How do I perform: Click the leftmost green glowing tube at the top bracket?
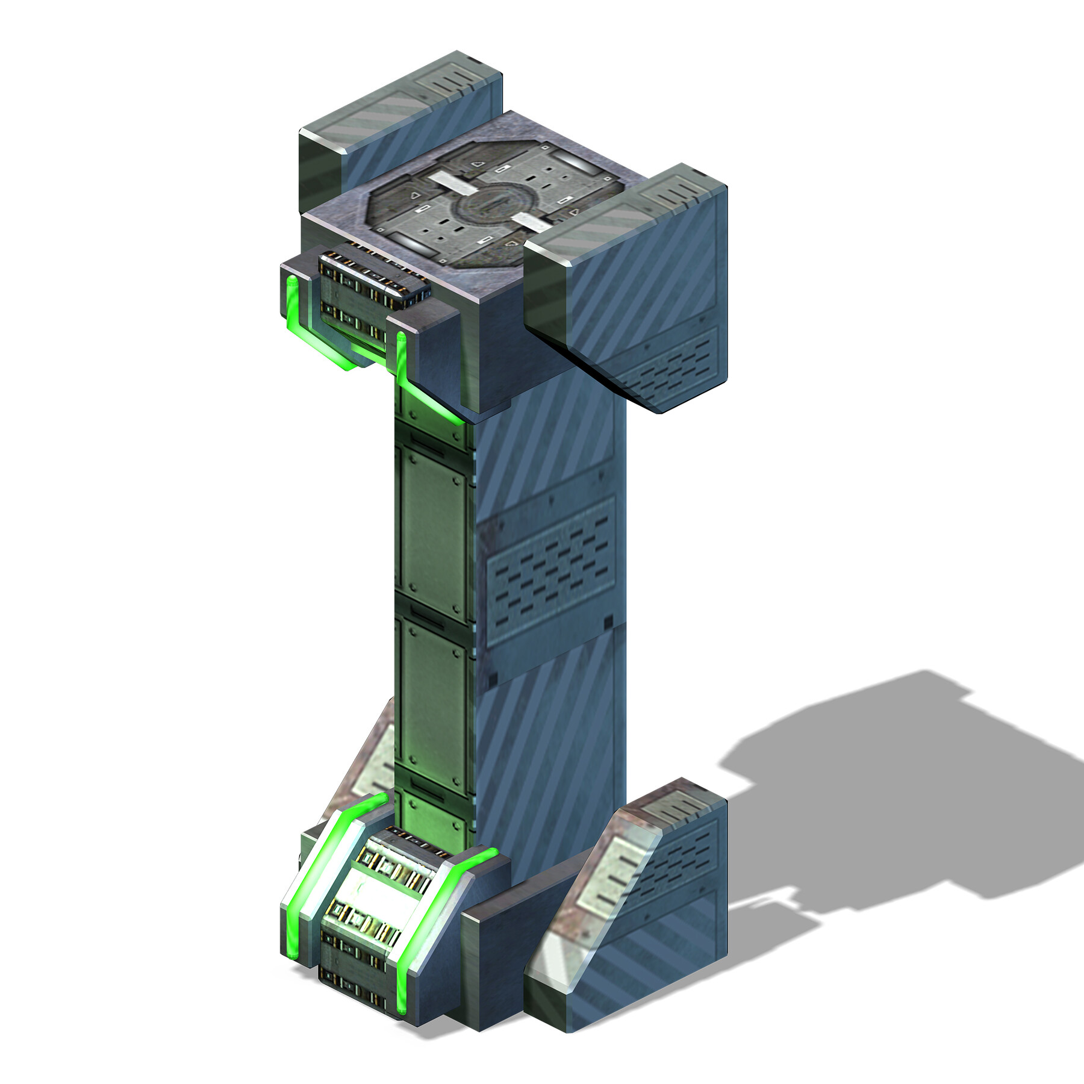coord(291,301)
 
